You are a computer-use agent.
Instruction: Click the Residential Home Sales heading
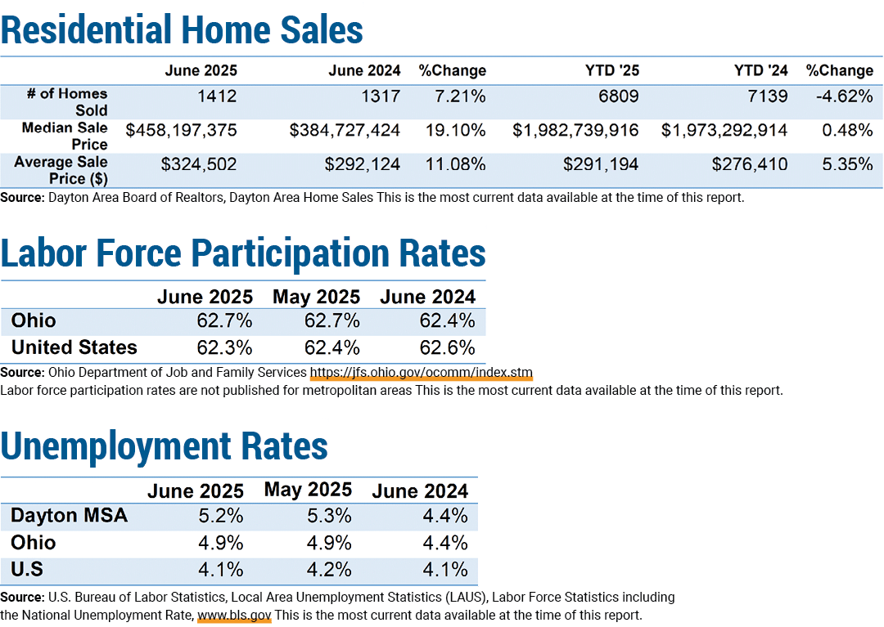click(182, 29)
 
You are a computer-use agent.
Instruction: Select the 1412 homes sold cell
click(217, 96)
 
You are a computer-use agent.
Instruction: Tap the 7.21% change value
click(460, 96)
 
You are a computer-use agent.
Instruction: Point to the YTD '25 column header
click(612, 70)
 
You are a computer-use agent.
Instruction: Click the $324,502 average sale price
click(199, 164)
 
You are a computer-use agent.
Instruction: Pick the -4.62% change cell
click(845, 96)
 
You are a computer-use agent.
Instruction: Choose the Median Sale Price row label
click(65, 136)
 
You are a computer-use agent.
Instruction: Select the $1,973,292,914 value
click(724, 131)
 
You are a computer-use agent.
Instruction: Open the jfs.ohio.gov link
click(422, 373)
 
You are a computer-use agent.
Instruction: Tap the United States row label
click(74, 347)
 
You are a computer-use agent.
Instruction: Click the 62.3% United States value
click(224, 347)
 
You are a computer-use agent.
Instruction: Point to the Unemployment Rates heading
click(164, 446)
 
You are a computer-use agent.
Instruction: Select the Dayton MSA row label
click(69, 515)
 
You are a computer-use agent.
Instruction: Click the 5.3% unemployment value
click(329, 515)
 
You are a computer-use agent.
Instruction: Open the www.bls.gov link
click(235, 616)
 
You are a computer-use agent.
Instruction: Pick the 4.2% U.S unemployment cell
click(329, 569)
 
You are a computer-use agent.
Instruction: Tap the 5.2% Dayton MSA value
click(220, 515)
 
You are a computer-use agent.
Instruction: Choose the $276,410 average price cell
click(749, 164)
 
